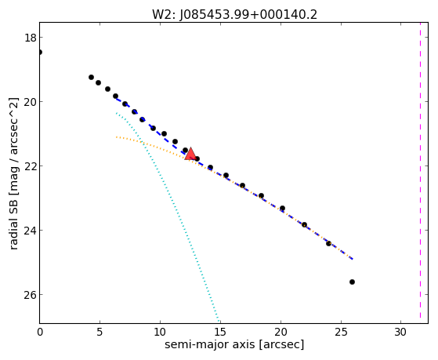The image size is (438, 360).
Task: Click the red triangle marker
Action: [190, 155]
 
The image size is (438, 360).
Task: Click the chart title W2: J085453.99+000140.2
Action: [234, 15]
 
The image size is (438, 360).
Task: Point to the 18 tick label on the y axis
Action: [30, 38]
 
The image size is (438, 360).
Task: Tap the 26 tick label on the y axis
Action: [30, 295]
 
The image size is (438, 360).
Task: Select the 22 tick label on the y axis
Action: [30, 165]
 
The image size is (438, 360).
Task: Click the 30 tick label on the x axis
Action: [400, 333]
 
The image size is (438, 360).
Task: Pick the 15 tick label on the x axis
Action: [220, 333]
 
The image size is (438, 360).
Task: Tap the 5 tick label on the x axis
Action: [100, 333]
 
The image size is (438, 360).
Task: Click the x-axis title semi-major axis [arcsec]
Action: [234, 344]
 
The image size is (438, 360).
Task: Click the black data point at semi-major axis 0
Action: [40, 52]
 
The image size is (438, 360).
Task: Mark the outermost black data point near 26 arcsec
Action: [352, 282]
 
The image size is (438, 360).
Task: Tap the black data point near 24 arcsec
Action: [328, 243]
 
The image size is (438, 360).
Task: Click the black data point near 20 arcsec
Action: [282, 208]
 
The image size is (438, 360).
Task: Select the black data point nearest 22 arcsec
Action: [304, 224]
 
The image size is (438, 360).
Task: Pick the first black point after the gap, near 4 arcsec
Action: [91, 77]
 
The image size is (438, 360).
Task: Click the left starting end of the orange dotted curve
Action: [116, 137]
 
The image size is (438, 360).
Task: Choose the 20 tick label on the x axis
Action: [281, 333]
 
